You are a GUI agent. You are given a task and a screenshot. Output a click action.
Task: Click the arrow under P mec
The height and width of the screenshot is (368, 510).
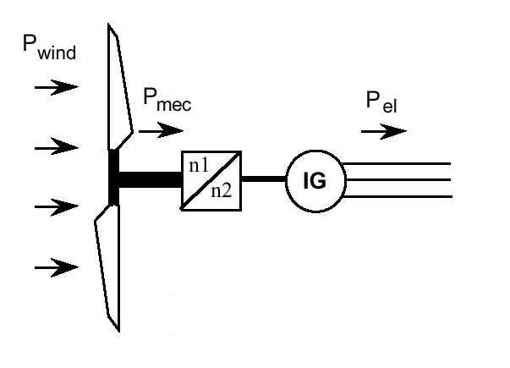161,131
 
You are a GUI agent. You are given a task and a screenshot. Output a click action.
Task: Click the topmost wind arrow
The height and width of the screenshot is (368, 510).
55,86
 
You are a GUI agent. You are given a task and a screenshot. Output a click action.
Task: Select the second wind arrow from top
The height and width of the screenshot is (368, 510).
55,148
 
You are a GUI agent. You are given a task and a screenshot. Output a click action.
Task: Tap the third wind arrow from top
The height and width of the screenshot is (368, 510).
55,206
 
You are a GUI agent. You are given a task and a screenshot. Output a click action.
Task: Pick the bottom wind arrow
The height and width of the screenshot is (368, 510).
55,268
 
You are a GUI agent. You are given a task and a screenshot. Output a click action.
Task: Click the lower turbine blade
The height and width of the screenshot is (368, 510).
109,266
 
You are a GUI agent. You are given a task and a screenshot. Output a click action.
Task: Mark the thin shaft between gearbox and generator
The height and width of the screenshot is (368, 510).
264,180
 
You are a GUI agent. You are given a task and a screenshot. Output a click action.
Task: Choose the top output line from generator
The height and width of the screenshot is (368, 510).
398,163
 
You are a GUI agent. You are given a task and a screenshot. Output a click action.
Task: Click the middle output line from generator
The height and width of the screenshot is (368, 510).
398,180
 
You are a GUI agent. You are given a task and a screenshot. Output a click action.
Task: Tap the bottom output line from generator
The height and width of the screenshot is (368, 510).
398,196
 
